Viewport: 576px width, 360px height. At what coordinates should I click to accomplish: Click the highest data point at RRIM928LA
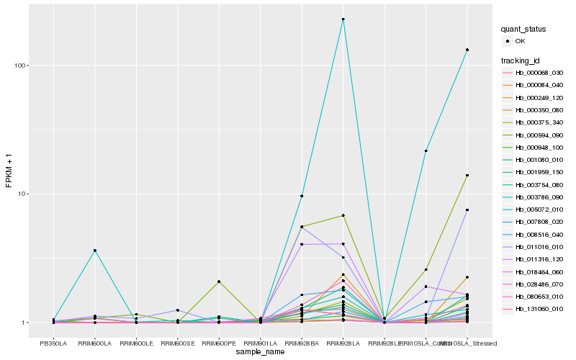343,19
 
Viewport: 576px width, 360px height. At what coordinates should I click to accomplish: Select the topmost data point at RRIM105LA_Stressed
467,50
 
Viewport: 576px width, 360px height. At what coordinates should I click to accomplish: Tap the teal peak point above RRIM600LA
95,251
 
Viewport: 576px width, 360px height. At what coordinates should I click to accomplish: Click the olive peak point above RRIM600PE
219,282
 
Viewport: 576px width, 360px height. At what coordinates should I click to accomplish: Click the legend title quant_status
523,30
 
